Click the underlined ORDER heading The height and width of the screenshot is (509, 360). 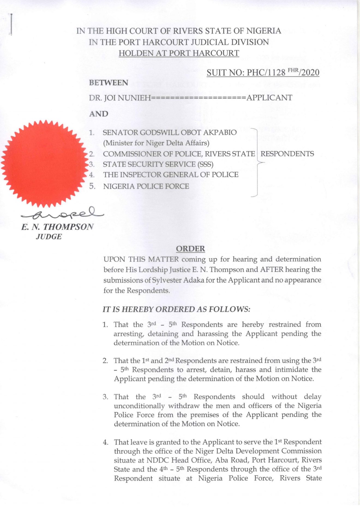(x=190, y=249)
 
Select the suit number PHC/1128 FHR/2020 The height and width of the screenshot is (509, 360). (x=263, y=73)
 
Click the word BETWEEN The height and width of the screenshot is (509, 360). (x=109, y=83)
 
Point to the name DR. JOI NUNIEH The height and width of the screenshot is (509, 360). (x=120, y=98)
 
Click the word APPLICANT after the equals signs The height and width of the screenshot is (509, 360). (x=269, y=98)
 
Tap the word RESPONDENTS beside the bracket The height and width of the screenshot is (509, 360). (x=287, y=154)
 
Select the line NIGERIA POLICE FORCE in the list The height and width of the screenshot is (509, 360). (x=146, y=186)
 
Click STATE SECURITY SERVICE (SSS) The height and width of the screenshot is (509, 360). (x=158, y=164)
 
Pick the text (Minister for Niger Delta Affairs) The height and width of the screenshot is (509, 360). (x=156, y=143)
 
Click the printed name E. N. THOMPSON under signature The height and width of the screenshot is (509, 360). (x=57, y=227)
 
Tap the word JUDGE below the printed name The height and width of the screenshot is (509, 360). (x=49, y=237)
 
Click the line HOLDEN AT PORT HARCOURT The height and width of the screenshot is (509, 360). (x=179, y=53)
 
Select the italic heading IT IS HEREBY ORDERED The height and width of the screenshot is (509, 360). (x=176, y=309)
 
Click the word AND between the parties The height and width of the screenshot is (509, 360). (x=98, y=114)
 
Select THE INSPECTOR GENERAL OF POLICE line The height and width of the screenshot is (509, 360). (x=170, y=175)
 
